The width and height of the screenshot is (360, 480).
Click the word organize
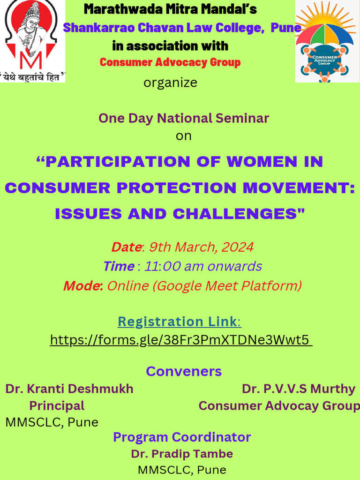(x=170, y=83)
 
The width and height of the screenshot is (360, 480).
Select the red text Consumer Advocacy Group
(x=170, y=62)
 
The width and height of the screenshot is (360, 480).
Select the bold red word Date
(x=126, y=247)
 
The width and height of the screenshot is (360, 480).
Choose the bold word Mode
(x=83, y=285)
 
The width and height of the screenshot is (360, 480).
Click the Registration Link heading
(x=178, y=322)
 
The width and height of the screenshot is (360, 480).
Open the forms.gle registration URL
(x=180, y=339)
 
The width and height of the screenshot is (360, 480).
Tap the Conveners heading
(x=184, y=371)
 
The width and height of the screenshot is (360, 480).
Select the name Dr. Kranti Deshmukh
(x=69, y=389)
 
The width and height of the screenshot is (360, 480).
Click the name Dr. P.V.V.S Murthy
(x=299, y=389)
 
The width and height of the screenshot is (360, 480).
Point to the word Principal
(x=57, y=405)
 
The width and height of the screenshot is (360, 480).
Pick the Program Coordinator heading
(x=182, y=437)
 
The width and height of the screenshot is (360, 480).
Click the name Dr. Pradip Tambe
(x=182, y=454)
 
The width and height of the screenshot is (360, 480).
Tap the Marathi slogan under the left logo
(x=32, y=77)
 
